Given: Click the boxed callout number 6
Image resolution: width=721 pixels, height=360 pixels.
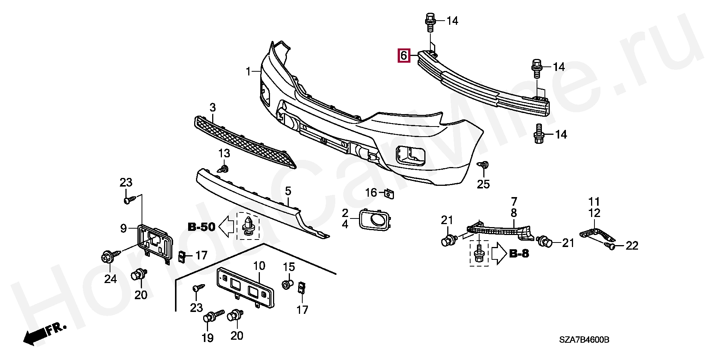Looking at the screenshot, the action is pos(404,56).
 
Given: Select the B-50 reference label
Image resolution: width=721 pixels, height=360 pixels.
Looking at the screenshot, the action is pos(201,227).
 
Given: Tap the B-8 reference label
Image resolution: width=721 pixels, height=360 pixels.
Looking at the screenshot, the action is pos(519,254).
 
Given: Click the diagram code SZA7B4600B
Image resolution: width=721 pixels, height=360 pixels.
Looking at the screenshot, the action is pos(584,340).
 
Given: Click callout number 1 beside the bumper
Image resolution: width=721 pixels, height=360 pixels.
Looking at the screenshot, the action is pos(248,71).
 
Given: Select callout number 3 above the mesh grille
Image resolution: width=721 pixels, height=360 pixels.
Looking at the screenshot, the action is pos(213,108).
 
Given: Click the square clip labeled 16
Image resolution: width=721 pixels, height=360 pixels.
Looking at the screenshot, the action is pos(389,194).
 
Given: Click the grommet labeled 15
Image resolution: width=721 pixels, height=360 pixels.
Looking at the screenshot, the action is pos(287,284).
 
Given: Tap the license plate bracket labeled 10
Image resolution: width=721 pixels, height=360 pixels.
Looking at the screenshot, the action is pos(245,288).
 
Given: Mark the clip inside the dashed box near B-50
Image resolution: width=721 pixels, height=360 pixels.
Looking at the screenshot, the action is pos(248,226).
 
